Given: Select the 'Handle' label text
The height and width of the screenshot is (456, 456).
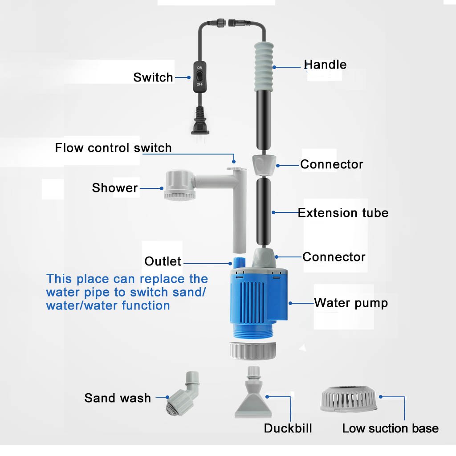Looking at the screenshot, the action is (325, 65).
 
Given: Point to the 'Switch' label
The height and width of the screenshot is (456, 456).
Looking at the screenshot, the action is (153, 77).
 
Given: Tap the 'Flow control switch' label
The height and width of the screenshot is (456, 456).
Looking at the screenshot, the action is (113, 147).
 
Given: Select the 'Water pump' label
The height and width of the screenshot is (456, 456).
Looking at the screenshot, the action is (351, 303).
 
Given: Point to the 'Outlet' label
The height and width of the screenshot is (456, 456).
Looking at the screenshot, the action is (163, 261).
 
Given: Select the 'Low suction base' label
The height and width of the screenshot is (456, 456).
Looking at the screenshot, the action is (391, 428).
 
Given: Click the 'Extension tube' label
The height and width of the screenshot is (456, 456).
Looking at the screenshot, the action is (343, 213).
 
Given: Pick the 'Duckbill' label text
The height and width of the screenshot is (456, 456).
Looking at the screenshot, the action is (288, 428).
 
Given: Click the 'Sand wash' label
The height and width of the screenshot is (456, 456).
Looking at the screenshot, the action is (118, 398).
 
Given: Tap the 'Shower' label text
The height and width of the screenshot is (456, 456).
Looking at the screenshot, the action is (115, 188).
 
